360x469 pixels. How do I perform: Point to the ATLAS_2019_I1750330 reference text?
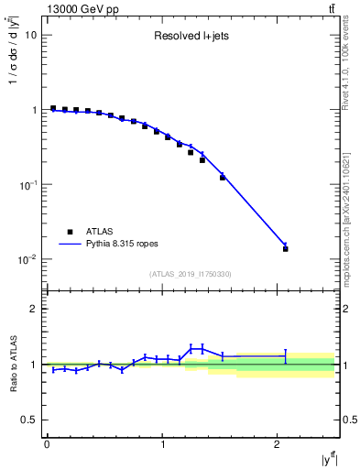[191, 274]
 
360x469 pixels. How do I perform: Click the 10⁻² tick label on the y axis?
[27, 260]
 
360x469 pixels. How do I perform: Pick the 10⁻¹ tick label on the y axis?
[27, 185]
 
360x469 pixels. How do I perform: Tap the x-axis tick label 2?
[278, 445]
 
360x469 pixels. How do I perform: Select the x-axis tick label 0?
[47, 445]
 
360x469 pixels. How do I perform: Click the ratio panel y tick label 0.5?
[29, 420]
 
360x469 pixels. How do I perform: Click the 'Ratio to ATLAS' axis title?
[12, 364]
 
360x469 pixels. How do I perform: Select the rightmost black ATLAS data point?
[286, 249]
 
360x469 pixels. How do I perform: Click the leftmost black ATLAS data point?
[53, 108]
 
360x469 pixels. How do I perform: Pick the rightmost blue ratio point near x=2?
[286, 355]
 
